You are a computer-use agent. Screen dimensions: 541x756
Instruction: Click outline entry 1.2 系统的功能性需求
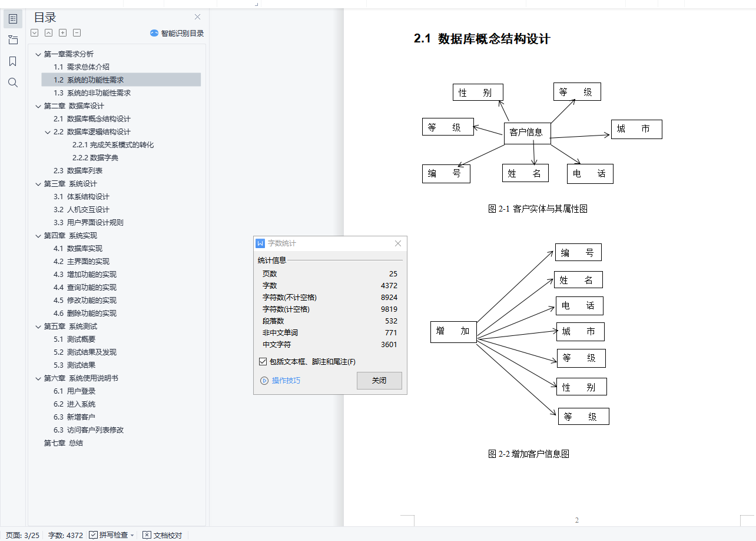point(95,80)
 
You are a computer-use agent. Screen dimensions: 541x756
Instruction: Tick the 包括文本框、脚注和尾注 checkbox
point(263,361)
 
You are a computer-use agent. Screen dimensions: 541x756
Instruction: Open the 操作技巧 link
point(286,380)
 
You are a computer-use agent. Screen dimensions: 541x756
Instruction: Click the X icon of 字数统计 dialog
point(398,243)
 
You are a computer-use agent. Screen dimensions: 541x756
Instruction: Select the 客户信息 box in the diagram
point(527,133)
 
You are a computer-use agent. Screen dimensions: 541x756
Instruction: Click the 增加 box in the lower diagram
point(453,331)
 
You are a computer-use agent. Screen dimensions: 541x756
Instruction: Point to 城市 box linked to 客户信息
point(636,129)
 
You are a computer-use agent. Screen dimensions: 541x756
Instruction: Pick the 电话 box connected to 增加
point(579,305)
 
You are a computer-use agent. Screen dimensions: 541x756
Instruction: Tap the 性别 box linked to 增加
point(581,387)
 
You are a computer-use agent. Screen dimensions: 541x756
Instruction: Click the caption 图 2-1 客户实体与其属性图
point(538,209)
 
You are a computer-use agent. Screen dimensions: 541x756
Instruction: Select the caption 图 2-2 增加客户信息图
point(528,454)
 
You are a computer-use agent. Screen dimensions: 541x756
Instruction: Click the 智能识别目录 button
point(177,33)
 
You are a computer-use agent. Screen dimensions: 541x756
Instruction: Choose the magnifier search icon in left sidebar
point(13,83)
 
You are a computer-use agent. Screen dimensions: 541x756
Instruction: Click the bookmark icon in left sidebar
point(13,61)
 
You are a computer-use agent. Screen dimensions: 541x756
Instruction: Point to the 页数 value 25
point(393,273)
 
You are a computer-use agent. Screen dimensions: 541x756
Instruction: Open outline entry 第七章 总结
point(64,443)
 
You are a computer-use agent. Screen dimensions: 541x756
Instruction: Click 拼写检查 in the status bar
point(112,535)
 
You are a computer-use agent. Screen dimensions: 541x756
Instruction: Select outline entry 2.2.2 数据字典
point(95,157)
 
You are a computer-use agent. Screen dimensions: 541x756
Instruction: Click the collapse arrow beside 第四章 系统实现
point(38,236)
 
